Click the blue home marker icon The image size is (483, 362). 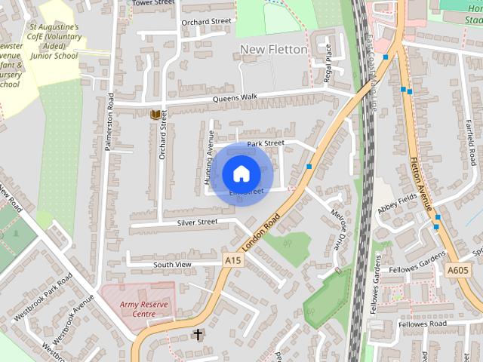tap(240, 173)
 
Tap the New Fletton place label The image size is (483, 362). tap(273, 50)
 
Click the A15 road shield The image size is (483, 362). tap(232, 259)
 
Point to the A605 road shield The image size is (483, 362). tap(457, 270)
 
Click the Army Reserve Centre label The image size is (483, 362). tap(137, 308)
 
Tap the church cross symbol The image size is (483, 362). tap(198, 333)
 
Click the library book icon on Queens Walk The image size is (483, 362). tap(155, 115)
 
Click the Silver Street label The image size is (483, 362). tap(197, 222)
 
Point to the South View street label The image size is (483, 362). tap(173, 265)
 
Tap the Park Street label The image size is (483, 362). tap(265, 143)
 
